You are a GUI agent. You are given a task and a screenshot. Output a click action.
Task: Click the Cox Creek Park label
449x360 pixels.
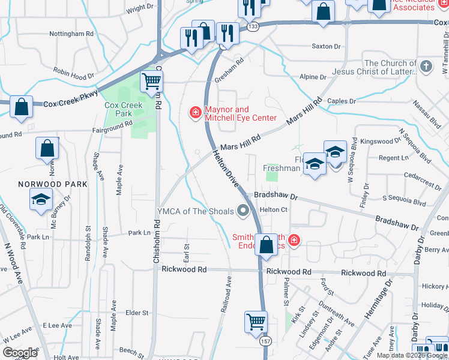(123, 109)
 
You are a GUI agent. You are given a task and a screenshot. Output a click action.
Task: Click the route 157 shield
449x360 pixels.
(265, 341)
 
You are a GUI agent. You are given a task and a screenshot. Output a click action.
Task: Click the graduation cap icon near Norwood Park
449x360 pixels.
(41, 200)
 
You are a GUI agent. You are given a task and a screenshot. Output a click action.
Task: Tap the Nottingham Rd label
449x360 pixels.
(71, 34)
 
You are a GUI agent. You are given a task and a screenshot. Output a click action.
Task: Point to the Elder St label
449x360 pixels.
(137, 313)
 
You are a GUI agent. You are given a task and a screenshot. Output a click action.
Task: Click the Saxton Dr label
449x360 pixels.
(326, 46)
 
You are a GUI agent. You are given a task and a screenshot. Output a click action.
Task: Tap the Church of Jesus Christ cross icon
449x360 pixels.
(426, 66)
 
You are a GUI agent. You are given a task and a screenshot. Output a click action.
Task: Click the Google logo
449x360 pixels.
(20, 353)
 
